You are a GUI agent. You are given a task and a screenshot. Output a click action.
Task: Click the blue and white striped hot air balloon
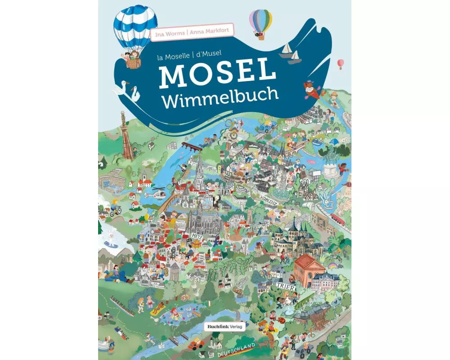click(x=135, y=29)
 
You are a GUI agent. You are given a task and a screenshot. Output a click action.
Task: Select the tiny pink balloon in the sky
click(x=341, y=63)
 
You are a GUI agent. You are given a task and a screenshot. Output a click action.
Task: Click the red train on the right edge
click(x=338, y=219)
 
